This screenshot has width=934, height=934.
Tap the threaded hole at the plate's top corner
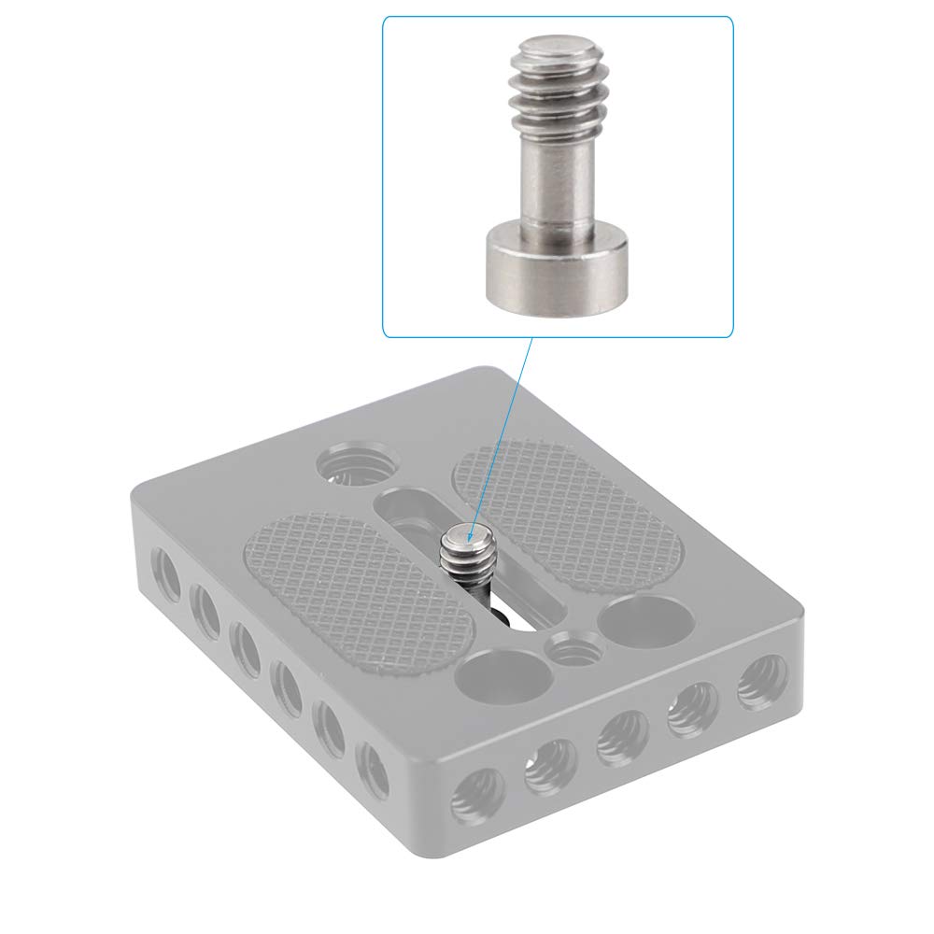(359, 464)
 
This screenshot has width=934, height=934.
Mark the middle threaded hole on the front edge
(622, 737)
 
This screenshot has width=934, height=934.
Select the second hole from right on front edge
(692, 709)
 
